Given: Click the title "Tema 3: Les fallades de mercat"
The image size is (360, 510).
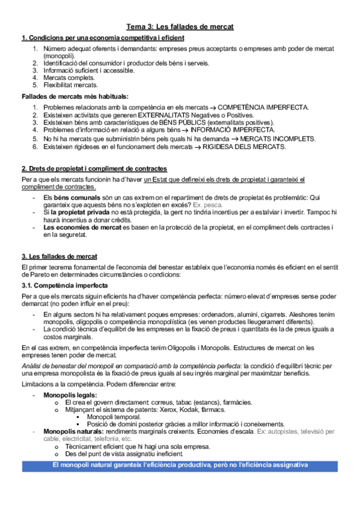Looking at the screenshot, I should click(x=180, y=27).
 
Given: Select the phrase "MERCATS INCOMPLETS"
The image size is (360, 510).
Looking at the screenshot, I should click(x=273, y=138).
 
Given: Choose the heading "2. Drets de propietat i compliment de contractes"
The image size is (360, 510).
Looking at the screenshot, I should click(x=94, y=168).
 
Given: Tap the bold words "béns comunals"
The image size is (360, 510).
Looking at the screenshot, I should click(x=73, y=197).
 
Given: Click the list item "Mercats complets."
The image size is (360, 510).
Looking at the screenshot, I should click(x=69, y=78).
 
